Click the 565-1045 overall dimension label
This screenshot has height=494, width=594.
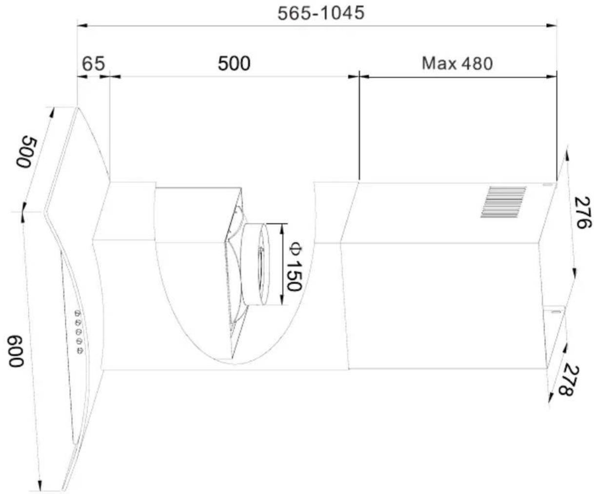(320, 13)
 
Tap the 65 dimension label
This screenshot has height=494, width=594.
(93, 63)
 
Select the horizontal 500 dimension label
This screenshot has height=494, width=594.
(234, 63)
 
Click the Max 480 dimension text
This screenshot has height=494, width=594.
(457, 63)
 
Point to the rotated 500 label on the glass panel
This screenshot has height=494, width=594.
(25, 153)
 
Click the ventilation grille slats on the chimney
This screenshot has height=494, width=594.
(503, 202)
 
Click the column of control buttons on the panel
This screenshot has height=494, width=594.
(79, 331)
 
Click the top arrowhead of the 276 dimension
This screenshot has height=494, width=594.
(567, 154)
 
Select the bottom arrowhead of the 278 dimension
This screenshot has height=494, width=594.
(550, 398)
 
